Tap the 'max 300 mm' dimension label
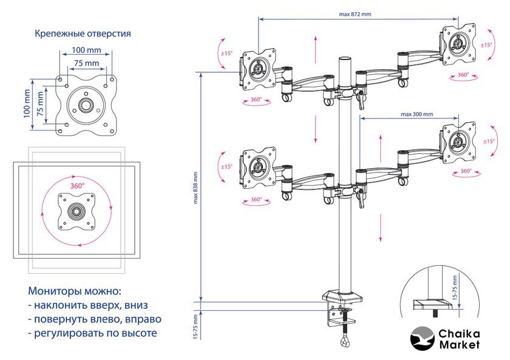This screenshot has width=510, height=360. (x=416, y=114)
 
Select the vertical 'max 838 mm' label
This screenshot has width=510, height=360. (x=196, y=187)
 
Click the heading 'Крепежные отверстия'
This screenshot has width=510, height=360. (x=83, y=33)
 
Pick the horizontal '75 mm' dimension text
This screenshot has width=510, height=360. (x=86, y=63)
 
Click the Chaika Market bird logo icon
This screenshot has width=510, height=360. (x=424, y=339)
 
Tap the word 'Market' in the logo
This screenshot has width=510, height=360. (x=459, y=345)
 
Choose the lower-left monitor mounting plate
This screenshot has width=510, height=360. (x=258, y=165)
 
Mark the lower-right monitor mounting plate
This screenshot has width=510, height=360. (x=458, y=140)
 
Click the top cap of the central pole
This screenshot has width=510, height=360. (x=344, y=59)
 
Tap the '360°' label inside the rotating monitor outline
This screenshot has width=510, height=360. (x=77, y=186)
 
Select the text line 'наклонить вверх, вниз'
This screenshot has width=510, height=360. (x=90, y=304)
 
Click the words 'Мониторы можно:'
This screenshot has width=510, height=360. (x=75, y=290)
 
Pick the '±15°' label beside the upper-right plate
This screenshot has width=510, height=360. (x=486, y=45)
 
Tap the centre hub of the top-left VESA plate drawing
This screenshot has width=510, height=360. (x=86, y=104)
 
